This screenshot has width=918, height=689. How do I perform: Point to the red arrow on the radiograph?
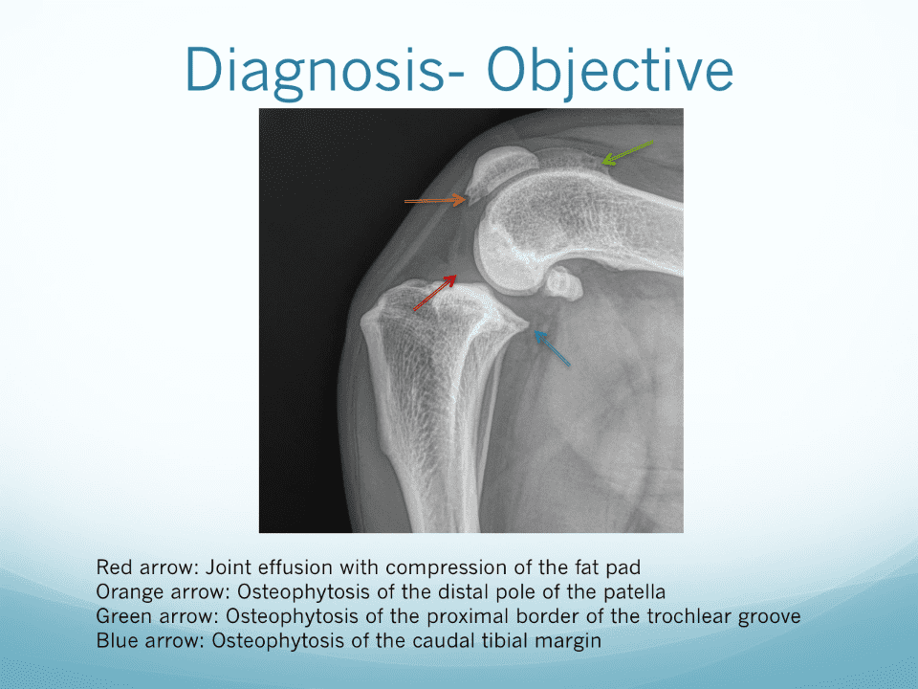(434, 293)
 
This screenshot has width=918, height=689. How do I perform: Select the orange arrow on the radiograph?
(435, 200)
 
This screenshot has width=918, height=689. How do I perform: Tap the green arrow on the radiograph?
(627, 153)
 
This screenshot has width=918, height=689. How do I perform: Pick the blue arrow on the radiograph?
(552, 348)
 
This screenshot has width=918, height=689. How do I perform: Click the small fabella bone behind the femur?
(563, 283)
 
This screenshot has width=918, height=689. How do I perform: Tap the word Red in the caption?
(113, 567)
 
